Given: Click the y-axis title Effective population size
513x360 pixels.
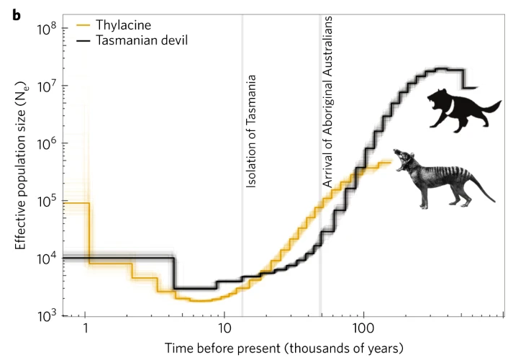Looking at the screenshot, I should click(x=21, y=173).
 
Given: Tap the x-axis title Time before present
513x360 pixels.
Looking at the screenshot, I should click(x=284, y=348).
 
